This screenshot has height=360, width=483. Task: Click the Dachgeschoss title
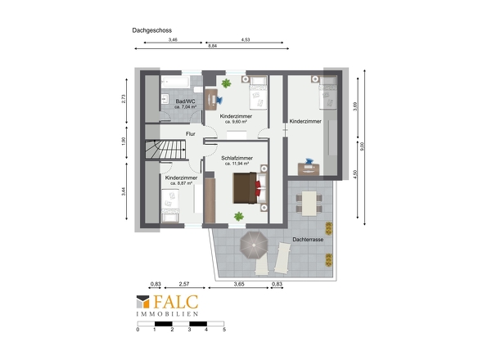152,30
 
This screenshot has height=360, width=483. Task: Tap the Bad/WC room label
185,101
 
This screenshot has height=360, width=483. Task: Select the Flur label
191,134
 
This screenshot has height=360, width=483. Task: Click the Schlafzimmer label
237,158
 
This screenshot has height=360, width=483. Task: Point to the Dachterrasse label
308,239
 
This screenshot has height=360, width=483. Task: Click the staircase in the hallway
165,150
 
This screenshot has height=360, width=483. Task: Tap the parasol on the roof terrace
254,245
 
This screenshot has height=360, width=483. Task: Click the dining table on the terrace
309,204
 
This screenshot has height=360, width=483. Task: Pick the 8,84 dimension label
213,46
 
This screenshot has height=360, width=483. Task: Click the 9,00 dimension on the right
362,146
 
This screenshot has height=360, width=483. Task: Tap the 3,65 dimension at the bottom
239,284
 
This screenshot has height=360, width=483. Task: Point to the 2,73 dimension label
124,98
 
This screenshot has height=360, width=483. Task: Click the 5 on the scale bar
224,330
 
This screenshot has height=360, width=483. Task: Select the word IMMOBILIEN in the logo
167,314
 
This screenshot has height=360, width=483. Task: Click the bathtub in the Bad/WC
174,82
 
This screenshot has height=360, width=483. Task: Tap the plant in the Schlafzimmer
239,216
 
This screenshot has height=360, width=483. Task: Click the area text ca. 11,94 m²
237,164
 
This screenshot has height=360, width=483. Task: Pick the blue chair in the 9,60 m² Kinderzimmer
219,100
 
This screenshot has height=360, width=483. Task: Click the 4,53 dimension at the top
246,40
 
